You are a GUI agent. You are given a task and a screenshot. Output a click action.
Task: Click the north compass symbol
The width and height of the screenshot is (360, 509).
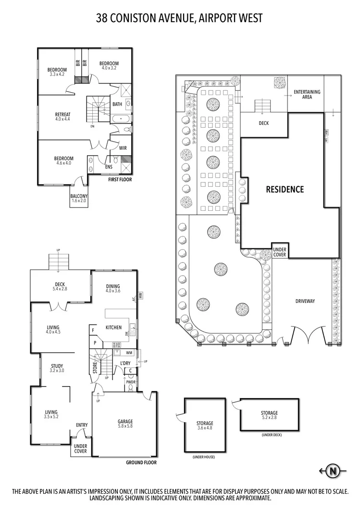coord(332,471)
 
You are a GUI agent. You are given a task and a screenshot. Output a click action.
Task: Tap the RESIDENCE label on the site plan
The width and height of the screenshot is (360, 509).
coord(285,189)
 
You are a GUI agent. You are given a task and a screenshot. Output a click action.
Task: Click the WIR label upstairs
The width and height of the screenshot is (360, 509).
coord(123,148)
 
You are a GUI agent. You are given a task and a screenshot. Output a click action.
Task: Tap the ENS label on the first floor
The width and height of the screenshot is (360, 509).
coord(109,167)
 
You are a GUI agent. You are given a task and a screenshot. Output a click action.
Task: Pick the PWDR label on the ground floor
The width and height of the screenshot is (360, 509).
coord(131,382)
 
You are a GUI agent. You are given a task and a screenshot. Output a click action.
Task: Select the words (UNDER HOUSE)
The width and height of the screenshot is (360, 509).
coord(203,457)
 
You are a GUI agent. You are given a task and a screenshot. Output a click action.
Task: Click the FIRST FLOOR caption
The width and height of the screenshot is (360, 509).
coord(120,179)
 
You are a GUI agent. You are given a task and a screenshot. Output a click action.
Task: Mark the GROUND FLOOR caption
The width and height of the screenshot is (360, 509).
coord(141,463)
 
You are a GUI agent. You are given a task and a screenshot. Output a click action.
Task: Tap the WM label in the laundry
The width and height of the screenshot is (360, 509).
coord(116,353)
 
